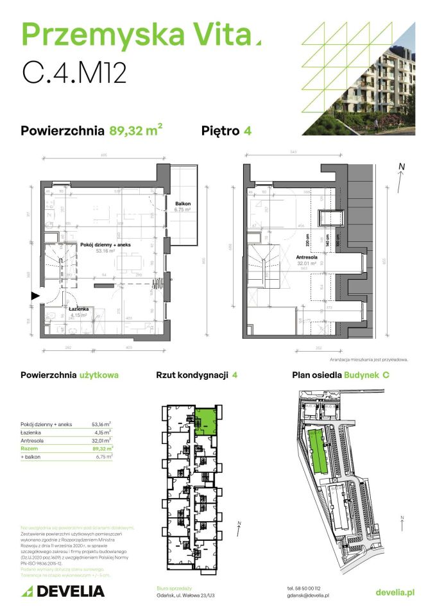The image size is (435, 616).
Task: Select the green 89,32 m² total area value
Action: (x=135, y=131)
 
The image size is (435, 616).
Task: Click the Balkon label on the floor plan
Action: (x=183, y=204)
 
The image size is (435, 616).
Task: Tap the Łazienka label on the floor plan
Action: (x=78, y=309)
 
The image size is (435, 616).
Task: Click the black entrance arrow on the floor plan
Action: (x=35, y=296)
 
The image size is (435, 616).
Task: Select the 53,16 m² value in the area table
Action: (x=101, y=424)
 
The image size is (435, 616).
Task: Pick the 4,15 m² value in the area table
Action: (x=102, y=432)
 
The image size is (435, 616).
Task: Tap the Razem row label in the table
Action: (x=30, y=449)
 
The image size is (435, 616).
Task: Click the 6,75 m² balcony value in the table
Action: (x=102, y=457)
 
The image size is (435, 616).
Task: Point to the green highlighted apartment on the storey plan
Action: (x=206, y=421)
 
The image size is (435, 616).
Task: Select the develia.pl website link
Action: (x=395, y=592)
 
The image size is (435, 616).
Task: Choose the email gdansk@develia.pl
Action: (x=308, y=595)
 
